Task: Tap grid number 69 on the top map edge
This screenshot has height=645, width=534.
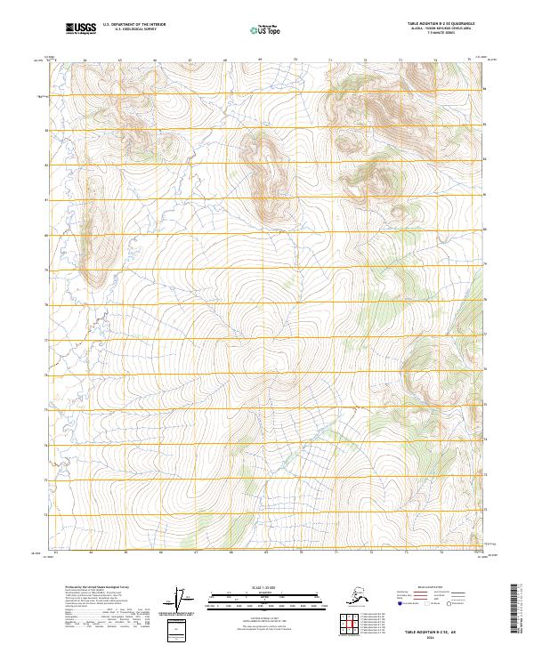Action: coord(259,60)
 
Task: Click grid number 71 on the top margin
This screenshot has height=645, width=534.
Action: coord(330,60)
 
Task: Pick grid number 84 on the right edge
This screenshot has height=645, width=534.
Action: coord(486,89)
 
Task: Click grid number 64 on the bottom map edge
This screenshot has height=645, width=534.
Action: coord(92,552)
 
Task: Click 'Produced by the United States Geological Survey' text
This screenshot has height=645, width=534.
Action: coord(90,588)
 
